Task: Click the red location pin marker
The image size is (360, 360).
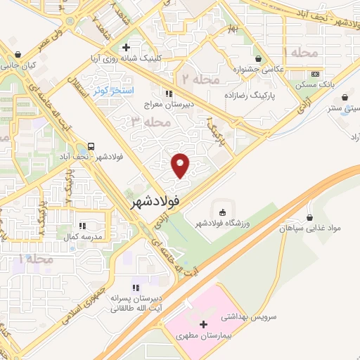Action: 181,165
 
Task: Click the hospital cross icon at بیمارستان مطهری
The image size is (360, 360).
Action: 204,325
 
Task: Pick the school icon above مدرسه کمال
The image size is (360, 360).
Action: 82,226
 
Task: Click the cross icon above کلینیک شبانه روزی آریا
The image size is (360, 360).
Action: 126,48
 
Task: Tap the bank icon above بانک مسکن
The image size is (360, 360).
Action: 315,75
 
